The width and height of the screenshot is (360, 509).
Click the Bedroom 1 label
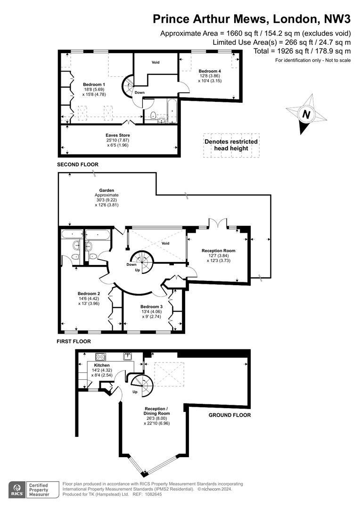click(x=94, y=84)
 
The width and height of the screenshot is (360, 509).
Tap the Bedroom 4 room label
click(x=210, y=71)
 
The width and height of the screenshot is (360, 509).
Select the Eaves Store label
click(x=117, y=135)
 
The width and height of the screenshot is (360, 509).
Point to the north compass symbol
click(x=306, y=114)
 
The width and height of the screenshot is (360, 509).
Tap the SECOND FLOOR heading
click(x=78, y=164)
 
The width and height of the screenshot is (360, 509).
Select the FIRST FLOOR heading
click(x=74, y=342)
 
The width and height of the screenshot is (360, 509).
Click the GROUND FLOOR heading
click(x=229, y=415)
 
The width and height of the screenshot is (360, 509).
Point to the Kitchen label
click(x=102, y=365)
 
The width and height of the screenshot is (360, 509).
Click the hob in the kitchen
click(x=101, y=357)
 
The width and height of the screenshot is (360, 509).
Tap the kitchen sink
click(x=128, y=356)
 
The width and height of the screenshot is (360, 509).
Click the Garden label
click(x=106, y=190)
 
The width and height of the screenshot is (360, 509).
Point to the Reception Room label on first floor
click(x=219, y=251)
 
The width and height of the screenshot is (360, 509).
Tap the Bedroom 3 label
click(x=152, y=307)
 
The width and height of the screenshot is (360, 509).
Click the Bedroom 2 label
click(x=89, y=294)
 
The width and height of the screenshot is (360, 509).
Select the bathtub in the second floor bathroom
click(x=172, y=111)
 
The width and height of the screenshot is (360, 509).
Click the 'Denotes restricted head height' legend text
click(x=231, y=145)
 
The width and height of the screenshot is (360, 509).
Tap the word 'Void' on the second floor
click(x=155, y=62)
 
